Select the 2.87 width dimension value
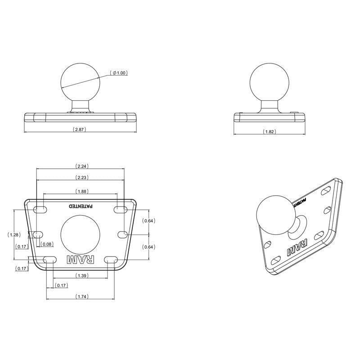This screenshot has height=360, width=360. coord(79,129)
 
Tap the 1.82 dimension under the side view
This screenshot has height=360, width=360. coord(269,131)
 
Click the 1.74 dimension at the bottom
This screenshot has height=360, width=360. coord(81,296)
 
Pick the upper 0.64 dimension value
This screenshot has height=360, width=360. coord(148,220)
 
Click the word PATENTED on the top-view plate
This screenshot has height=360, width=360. coord(81,206)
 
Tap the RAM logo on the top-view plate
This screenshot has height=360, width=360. coord(81,260)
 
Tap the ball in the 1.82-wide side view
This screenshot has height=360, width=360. coord(269,81)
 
